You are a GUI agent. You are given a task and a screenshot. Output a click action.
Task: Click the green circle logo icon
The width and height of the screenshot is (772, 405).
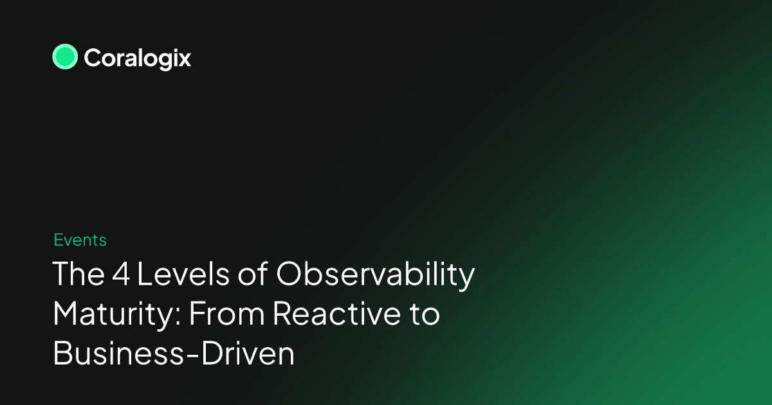[x=65, y=57]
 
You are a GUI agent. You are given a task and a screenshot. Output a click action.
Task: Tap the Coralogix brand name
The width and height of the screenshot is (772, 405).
[x=137, y=59]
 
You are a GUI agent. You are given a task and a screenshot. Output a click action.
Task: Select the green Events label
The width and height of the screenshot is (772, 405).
[x=80, y=240]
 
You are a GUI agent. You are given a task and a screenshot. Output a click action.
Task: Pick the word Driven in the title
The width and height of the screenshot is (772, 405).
[x=248, y=354]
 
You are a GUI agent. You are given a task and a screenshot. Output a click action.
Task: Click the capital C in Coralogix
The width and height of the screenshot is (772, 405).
[x=93, y=59]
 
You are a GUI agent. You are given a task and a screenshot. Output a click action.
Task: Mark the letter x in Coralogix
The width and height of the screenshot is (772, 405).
[x=184, y=60]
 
